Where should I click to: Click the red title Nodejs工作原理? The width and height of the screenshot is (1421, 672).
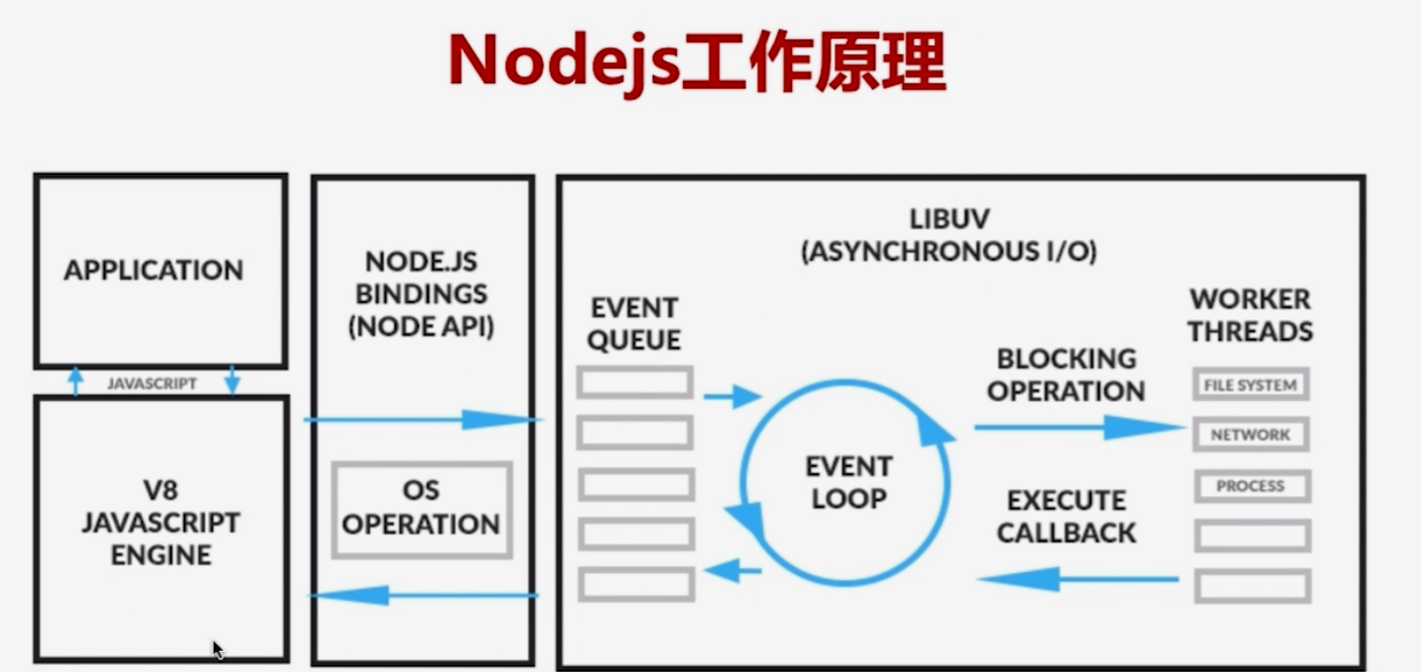point(696,62)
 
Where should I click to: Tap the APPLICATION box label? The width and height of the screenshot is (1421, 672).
point(154,271)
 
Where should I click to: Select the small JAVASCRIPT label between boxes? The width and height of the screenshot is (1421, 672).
point(152,384)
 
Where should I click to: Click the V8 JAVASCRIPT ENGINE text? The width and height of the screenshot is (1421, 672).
point(161,523)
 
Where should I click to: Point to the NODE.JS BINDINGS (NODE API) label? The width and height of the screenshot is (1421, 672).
point(422,294)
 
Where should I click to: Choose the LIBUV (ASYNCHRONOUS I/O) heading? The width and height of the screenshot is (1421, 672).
point(949,235)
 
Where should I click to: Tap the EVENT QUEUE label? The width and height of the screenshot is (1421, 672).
point(634,323)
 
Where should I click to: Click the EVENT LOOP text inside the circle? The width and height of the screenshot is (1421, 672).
point(847,483)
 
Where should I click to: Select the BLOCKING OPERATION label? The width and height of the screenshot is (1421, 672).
point(1065,374)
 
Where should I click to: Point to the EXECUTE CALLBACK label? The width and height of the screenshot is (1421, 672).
point(1066,517)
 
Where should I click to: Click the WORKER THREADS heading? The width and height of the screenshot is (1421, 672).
point(1250,315)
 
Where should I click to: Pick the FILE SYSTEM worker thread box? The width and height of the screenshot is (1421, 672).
point(1250,385)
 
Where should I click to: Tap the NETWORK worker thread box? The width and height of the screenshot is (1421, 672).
point(1250,435)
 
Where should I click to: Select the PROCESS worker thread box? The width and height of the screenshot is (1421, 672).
point(1250,486)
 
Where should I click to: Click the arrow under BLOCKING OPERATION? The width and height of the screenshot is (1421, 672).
point(1079,427)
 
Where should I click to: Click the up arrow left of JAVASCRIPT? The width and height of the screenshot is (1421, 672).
point(77,380)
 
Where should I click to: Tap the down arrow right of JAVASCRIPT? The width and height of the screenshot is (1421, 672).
point(232,380)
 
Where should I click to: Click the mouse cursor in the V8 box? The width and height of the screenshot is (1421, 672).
point(218,649)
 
